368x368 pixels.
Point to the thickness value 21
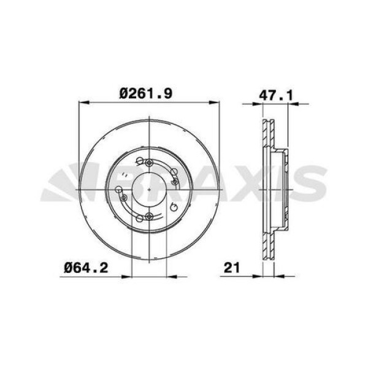pyautogui.click(x=232, y=267)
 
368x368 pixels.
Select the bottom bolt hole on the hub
pyautogui.click(x=147, y=217)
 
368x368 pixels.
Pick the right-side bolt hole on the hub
pyautogui.click(x=175, y=182)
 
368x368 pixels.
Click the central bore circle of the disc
pyautogui.click(x=149, y=190)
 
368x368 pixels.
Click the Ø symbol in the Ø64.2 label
pyautogui.click(x=68, y=267)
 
